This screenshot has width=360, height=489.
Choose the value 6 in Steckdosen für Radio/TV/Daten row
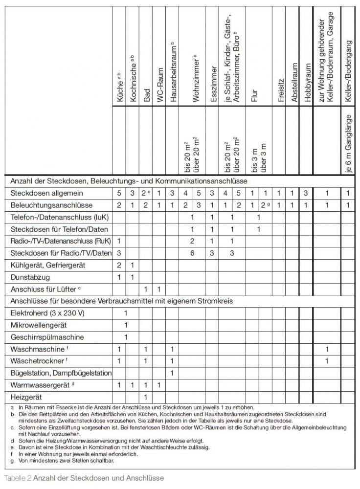192,253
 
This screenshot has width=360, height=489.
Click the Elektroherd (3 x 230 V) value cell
126,312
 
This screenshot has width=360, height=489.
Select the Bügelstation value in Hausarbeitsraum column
172,373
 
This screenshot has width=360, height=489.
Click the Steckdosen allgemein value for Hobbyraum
305,193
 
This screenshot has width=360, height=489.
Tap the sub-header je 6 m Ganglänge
348,142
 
